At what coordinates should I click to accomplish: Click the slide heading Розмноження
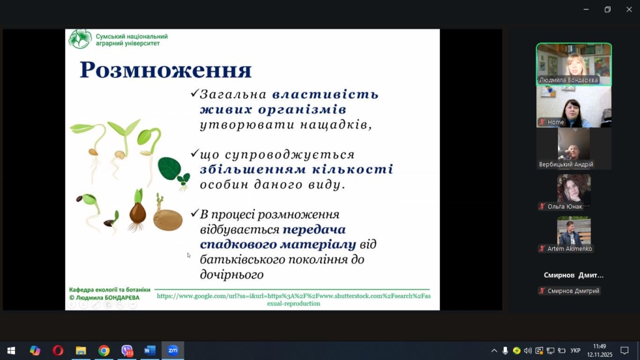[x=165, y=69]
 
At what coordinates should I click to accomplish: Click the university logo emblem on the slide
[x=80, y=39]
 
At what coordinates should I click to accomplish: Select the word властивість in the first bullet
[x=326, y=94]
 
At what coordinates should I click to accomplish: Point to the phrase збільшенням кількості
[x=296, y=169]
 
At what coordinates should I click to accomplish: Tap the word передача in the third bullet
[x=314, y=229]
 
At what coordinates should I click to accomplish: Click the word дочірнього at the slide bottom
[x=231, y=275]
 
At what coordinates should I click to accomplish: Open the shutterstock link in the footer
[x=294, y=299]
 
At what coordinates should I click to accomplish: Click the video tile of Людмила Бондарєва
[x=574, y=64]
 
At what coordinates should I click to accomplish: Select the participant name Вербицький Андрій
[x=566, y=164]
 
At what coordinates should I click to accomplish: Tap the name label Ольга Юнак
[x=564, y=206]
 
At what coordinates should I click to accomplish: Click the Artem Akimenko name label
[x=569, y=249]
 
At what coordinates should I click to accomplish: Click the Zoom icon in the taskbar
[x=172, y=350]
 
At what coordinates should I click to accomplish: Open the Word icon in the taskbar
[x=150, y=350]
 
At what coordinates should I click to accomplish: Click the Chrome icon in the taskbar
[x=104, y=351]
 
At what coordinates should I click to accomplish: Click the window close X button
[x=629, y=9]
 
